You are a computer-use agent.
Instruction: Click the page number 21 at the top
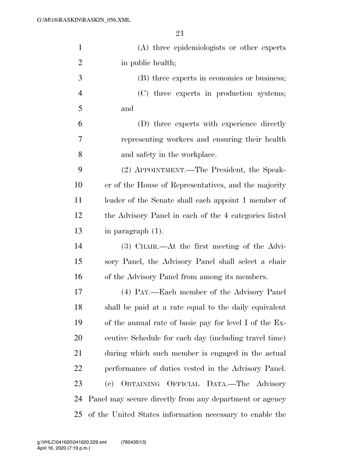point(180,33)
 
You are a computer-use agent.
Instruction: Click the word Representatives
point(180,185)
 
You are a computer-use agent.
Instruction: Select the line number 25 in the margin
point(78,414)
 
